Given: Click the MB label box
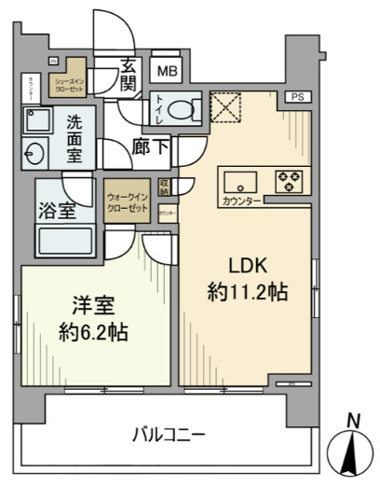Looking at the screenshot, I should [167, 70].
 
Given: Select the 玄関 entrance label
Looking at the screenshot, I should [129, 76].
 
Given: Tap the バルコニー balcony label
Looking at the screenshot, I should [169, 434].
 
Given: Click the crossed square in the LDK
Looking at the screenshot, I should [224, 107].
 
